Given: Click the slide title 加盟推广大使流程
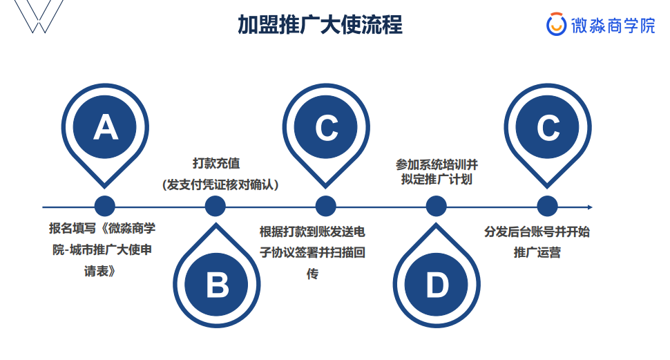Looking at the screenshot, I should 320,25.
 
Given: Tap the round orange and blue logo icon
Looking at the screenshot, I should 556,25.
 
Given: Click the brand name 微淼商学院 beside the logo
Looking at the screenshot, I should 613,26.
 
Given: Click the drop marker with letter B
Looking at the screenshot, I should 216,283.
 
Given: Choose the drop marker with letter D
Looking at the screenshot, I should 437,283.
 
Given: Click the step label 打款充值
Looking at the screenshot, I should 216,164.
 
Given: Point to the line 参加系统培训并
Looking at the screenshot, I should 437,164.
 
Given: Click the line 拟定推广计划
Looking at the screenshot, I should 437,180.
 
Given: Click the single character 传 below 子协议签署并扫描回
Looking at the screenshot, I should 312,274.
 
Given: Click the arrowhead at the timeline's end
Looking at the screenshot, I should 589,207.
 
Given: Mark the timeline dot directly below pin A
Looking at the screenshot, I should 105,206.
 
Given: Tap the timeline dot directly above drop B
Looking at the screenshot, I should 216,206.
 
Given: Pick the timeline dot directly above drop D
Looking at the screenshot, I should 437,206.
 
